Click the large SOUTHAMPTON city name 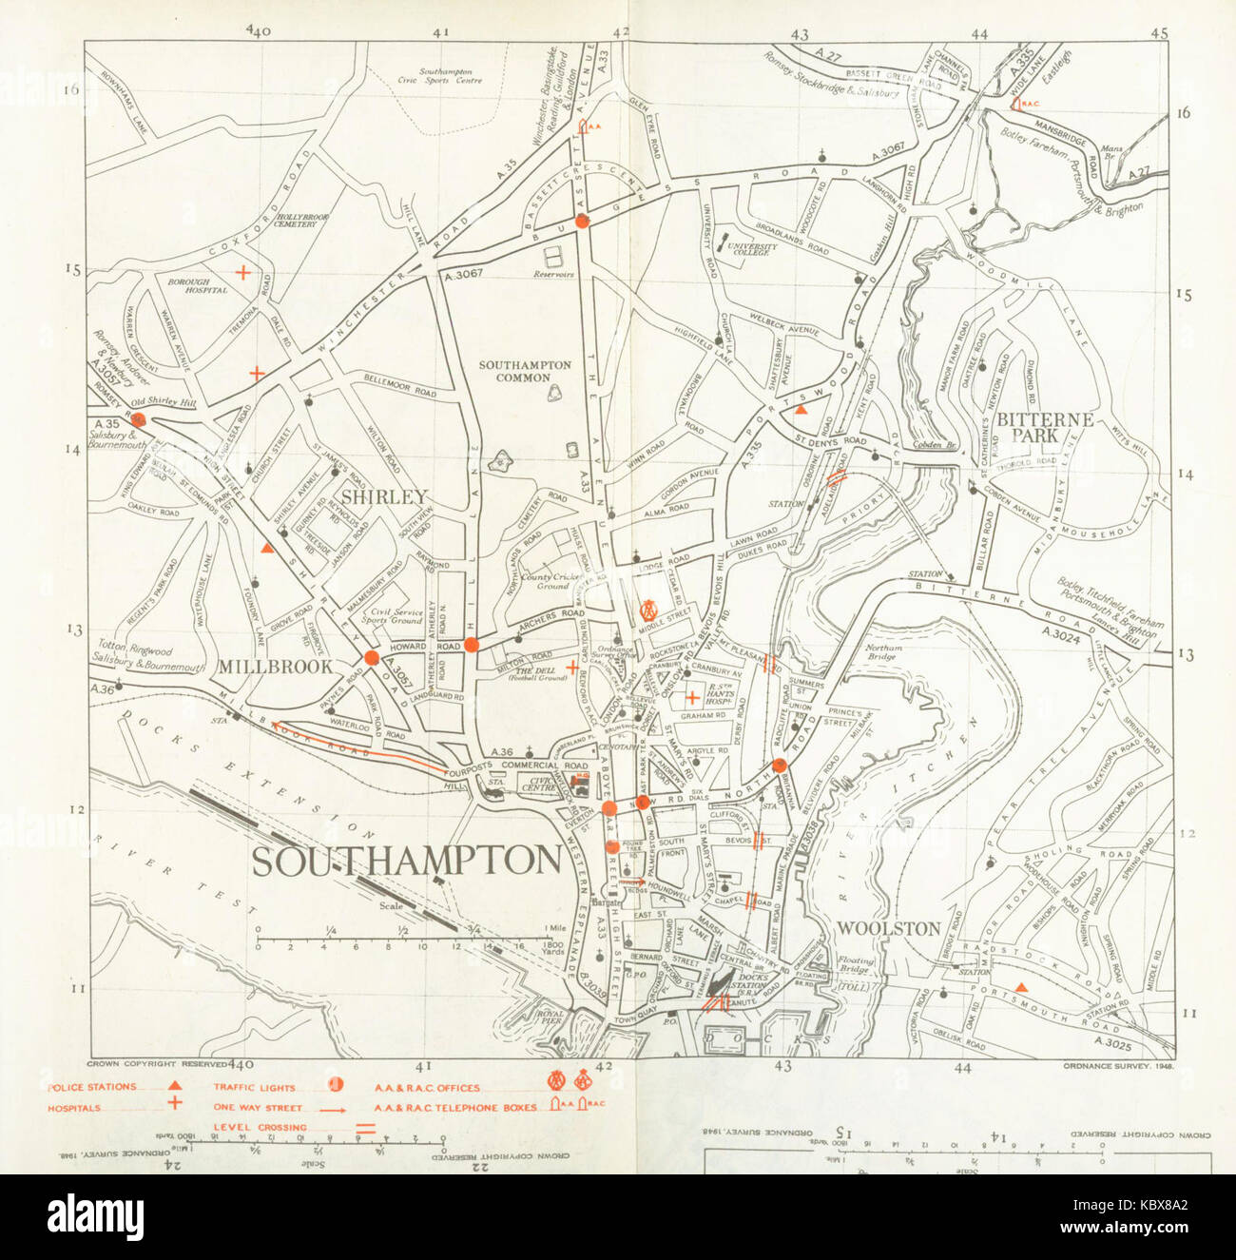point(406,861)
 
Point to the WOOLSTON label point(889,928)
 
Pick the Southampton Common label point(525,371)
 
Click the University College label point(752,249)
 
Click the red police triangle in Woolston point(1020,988)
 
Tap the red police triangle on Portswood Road point(801,409)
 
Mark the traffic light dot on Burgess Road point(583,221)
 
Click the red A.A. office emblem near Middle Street point(649,608)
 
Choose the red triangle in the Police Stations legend point(174,1086)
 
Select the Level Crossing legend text point(260,1128)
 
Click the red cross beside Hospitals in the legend point(174,1104)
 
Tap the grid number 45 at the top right point(1158,33)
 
